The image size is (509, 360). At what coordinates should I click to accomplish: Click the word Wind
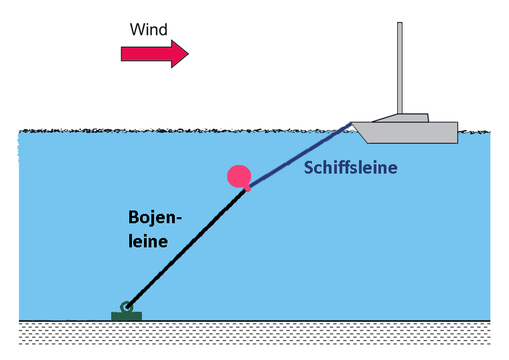tap(148, 29)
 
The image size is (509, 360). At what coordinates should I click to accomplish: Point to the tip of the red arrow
tap(188, 54)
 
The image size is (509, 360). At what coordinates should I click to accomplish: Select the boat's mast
tap(400, 67)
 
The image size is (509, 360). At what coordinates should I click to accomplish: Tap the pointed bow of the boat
tap(353, 124)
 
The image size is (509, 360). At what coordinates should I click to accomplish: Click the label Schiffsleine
tap(350, 168)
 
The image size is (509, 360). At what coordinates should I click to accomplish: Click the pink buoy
tap(238, 176)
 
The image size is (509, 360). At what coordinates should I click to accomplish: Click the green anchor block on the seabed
tap(126, 315)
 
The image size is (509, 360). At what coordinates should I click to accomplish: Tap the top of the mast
tap(400, 24)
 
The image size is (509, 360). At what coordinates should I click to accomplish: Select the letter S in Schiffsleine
tap(309, 168)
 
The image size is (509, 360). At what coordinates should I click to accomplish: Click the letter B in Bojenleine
tap(134, 218)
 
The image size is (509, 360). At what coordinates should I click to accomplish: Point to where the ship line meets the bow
tap(350, 125)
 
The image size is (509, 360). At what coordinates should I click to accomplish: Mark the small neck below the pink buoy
tap(248, 187)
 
